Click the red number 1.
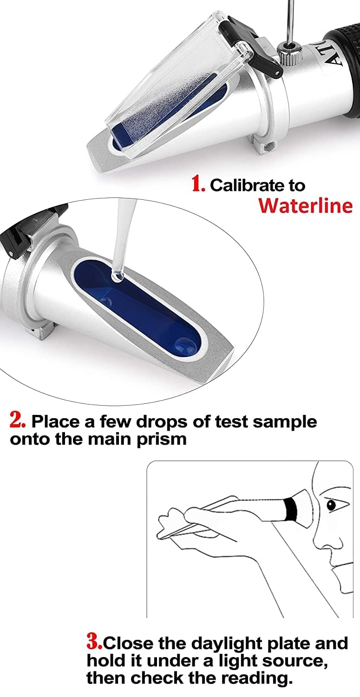coord(198,184)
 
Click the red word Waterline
coord(305,205)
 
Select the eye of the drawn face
coord(331,505)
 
